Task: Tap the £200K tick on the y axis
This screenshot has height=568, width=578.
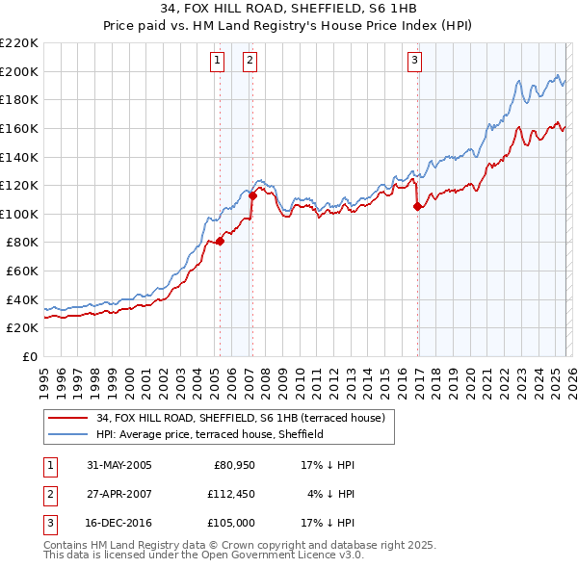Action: click(19, 71)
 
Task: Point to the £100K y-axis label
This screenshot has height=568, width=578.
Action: click(19, 214)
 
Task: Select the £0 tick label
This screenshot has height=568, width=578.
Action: click(29, 356)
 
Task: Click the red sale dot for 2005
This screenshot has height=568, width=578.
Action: click(220, 242)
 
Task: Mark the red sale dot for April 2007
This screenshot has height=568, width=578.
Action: click(252, 196)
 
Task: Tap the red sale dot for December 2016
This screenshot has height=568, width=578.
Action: click(417, 207)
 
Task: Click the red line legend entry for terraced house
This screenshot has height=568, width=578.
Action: click(241, 418)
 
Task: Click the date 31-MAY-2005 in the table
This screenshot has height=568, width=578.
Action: click(118, 464)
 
